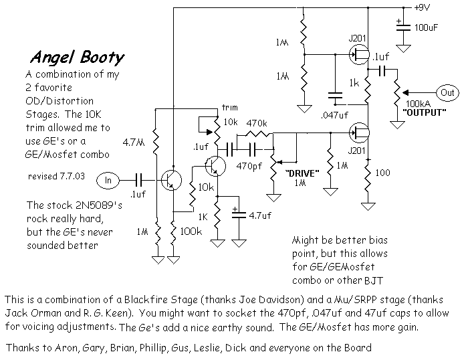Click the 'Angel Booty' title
tap(78, 58)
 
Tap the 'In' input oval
tap(108, 181)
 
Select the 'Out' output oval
tap(447, 92)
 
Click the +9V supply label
tap(422, 7)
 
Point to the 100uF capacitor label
tap(427, 28)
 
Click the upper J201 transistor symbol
tap(360, 54)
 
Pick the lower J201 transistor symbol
tap(360, 132)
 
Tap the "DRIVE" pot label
tap(302, 173)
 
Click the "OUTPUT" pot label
tap(424, 112)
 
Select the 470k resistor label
tap(257, 123)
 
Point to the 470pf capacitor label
tap(249, 166)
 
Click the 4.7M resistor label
tap(134, 143)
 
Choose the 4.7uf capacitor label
tap(260, 215)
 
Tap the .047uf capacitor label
tap(334, 115)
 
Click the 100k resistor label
tap(191, 231)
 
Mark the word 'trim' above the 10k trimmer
tap(229, 107)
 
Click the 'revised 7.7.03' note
tap(56, 176)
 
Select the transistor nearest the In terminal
tap(171, 180)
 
